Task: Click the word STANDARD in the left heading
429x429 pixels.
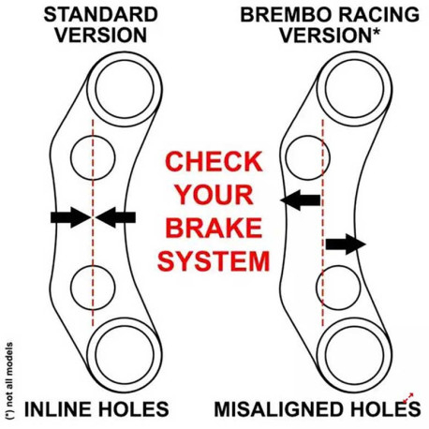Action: tap(101, 15)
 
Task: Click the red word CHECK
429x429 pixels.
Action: tap(214, 161)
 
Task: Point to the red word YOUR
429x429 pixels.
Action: tap(214, 195)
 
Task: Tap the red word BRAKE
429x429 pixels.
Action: tap(214, 228)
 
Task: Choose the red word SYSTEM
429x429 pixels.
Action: tap(214, 260)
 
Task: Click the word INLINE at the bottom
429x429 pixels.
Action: tap(59, 409)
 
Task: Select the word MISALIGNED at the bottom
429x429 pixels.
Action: tap(280, 409)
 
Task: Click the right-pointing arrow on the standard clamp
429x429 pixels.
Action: tap(71, 217)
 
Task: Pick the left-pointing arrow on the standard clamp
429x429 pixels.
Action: tap(115, 217)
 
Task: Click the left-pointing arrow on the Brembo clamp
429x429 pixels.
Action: tap(301, 200)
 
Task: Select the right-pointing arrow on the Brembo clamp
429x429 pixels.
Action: tap(346, 244)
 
